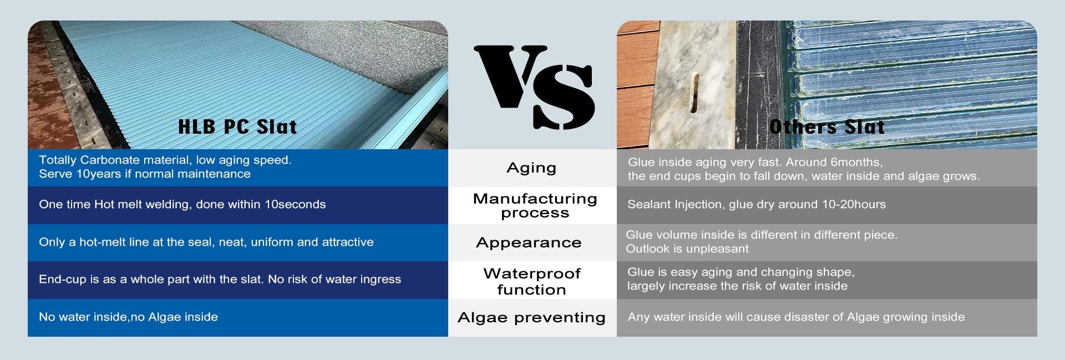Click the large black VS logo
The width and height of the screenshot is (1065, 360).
point(534,88)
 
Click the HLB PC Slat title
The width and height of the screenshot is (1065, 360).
point(237,127)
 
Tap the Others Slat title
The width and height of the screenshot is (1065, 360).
point(826,127)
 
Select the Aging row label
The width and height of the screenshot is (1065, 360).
point(531,168)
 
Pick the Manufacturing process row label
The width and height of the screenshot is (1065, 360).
point(535,206)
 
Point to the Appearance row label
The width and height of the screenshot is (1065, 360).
point(529,242)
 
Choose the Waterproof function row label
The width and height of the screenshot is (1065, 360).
point(532,281)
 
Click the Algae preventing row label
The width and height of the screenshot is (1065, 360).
point(531,317)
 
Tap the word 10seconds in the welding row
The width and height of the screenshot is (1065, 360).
point(295,204)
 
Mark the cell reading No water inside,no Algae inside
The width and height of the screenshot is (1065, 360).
point(128,317)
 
